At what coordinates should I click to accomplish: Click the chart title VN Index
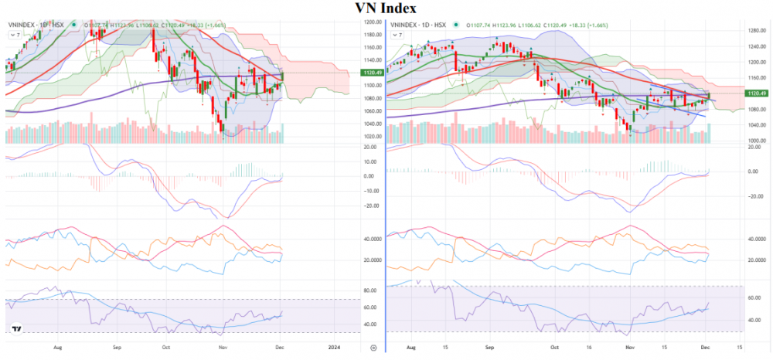pyautogui.click(x=386, y=8)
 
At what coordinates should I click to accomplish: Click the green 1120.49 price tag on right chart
pyautogui.click(x=757, y=93)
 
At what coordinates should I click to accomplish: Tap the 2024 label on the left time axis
pyautogui.click(x=335, y=348)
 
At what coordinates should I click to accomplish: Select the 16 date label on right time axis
pyautogui.click(x=587, y=348)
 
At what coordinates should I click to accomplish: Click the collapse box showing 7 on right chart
pyautogui.click(x=399, y=36)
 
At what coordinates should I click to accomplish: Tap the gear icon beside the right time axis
pyautogui.click(x=375, y=348)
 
